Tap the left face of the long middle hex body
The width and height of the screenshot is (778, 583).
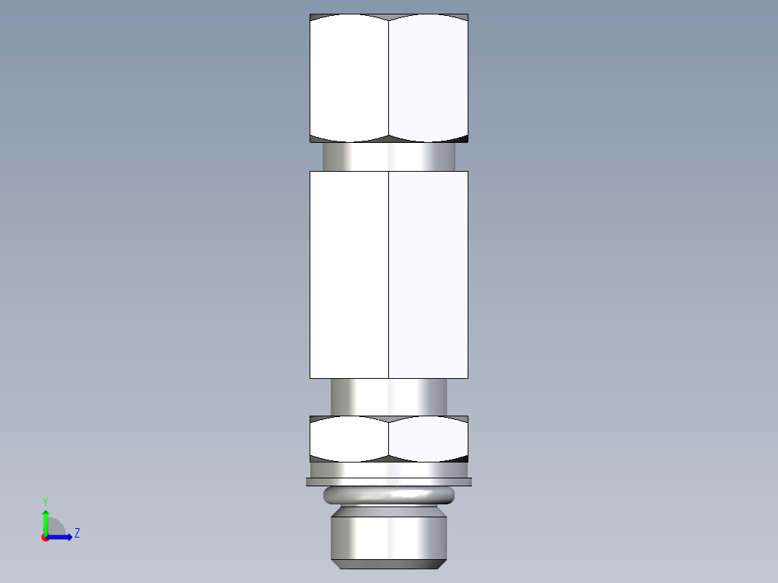(349, 274)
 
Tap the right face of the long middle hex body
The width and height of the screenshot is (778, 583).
(428, 274)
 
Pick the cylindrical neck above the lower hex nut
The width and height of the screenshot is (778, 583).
(388, 396)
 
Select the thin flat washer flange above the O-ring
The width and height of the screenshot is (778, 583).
(388, 481)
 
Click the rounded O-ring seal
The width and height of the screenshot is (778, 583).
(388, 495)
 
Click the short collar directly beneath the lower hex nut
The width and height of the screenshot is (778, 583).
(388, 470)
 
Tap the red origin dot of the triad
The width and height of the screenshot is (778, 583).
(45, 538)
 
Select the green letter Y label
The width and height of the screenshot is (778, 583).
(45, 501)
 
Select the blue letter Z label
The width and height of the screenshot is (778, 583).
(77, 533)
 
